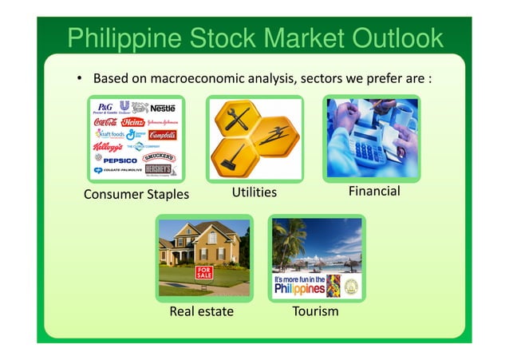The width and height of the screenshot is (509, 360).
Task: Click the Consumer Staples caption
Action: tap(136, 194)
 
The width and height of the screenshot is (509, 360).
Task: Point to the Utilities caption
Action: tap(254, 192)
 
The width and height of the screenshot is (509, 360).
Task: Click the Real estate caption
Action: tap(201, 311)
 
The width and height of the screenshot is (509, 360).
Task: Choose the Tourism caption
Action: tap(316, 311)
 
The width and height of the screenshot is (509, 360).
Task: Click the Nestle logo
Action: tap(163, 107)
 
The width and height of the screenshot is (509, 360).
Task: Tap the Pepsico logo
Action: tap(120, 160)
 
